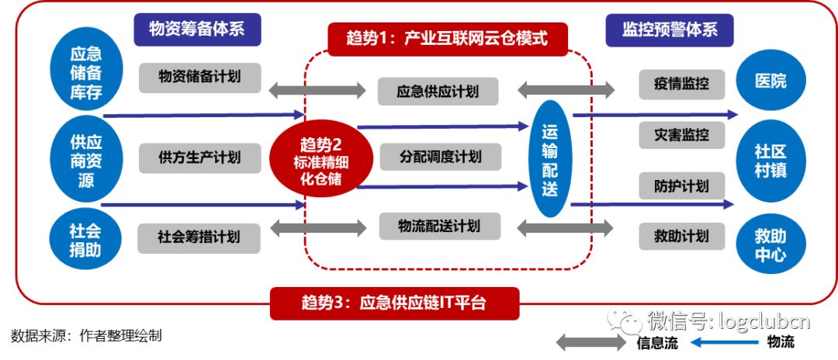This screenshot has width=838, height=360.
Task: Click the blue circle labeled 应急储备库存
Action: tap(86, 74)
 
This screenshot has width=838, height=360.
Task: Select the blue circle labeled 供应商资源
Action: tap(86, 158)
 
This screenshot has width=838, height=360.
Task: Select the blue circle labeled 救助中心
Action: tap(770, 243)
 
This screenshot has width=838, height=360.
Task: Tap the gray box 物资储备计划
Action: tap(200, 78)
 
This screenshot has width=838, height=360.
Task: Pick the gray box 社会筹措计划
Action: tap(199, 237)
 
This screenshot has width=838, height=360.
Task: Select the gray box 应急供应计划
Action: tap(439, 92)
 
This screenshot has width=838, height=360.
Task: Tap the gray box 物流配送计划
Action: tap(439, 227)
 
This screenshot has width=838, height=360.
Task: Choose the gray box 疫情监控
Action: tap(674, 84)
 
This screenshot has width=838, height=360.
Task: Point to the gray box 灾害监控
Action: tap(674, 135)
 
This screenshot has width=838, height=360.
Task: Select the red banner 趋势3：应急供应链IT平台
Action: tap(393, 303)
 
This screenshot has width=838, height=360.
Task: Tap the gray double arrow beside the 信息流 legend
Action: tap(592, 342)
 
